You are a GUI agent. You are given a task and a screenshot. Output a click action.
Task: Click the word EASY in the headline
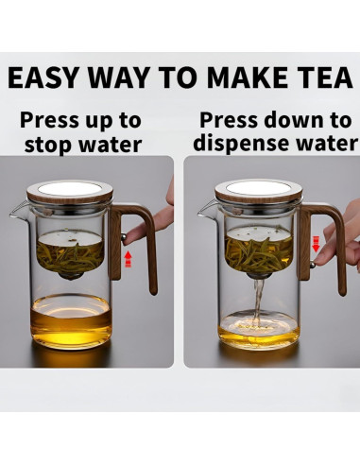pyautogui.click(x=43, y=77)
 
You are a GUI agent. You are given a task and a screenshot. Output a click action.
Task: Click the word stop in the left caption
pyautogui.click(x=49, y=145)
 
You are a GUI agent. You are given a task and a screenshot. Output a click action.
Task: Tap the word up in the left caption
pyautogui.click(x=99, y=122)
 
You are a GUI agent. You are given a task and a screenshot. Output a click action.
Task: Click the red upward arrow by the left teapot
pyautogui.click(x=128, y=259)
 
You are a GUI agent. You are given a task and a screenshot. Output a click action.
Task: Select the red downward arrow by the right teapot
pyautogui.click(x=316, y=245)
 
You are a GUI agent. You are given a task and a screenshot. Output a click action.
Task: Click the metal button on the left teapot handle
pyautogui.click(x=124, y=236)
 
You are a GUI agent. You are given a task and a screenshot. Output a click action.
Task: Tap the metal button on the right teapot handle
pyautogui.click(x=313, y=265)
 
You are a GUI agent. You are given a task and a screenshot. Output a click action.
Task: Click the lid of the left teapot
pyautogui.click(x=69, y=192)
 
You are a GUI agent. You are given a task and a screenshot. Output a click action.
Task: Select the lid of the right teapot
pyautogui.click(x=258, y=191)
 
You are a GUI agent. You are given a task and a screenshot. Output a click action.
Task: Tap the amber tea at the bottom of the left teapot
pyautogui.click(x=71, y=327)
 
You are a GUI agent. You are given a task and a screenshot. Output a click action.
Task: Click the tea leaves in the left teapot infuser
pyautogui.click(x=70, y=257)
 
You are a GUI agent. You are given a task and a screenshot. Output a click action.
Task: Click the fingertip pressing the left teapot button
pyautogui.click(x=131, y=234)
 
